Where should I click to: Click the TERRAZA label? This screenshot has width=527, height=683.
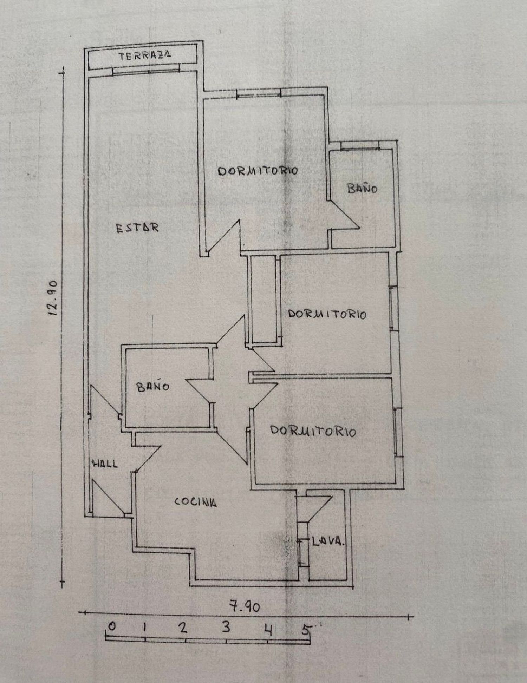(145, 55)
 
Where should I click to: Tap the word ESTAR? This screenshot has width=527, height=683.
(137, 228)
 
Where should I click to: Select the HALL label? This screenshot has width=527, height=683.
(105, 464)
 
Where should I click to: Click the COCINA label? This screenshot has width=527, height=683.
(195, 502)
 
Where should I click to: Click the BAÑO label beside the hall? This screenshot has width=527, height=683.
(153, 387)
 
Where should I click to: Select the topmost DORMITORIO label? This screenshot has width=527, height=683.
(258, 171)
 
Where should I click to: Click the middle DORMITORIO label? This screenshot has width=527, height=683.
(327, 314)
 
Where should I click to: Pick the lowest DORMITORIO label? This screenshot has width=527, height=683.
(313, 431)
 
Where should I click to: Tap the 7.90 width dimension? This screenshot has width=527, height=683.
(245, 606)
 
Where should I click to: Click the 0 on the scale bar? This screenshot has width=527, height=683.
(112, 626)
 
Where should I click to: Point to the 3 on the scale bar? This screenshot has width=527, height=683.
(226, 626)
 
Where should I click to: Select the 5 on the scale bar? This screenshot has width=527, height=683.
(306, 629)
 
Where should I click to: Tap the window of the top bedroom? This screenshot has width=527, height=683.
(259, 94)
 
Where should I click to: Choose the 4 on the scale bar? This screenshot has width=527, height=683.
(268, 629)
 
